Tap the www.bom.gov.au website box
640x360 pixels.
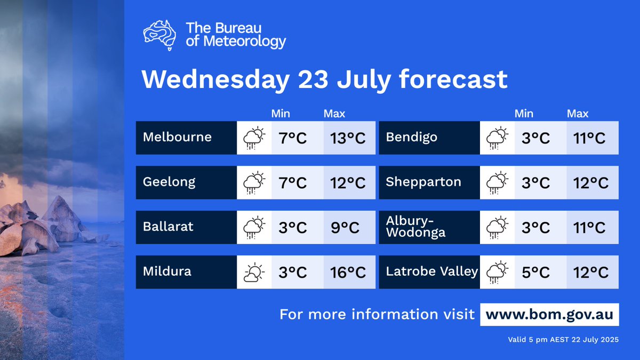pyautogui.click(x=550, y=314)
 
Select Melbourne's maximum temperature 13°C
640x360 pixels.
pyautogui.click(x=349, y=138)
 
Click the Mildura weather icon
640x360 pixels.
pyautogui.click(x=254, y=272)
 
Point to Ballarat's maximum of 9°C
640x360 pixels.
pyautogui.click(x=349, y=228)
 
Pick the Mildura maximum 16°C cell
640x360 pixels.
pyautogui.click(x=349, y=273)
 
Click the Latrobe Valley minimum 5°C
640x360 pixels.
pyautogui.click(x=535, y=273)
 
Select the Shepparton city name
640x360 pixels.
pyautogui.click(x=423, y=182)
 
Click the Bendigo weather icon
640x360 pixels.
pyautogui.click(x=497, y=138)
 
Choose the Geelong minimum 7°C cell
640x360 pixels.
pyautogui.click(x=292, y=183)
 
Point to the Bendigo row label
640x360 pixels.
pyautogui.click(x=411, y=138)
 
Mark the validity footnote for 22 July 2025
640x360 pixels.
pyautogui.click(x=564, y=340)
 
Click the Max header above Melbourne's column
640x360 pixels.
pyautogui.click(x=334, y=114)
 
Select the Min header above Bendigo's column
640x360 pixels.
pyautogui.click(x=524, y=114)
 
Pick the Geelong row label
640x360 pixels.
pyautogui.click(x=169, y=182)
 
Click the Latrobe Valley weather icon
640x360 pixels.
pyautogui.click(x=497, y=272)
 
